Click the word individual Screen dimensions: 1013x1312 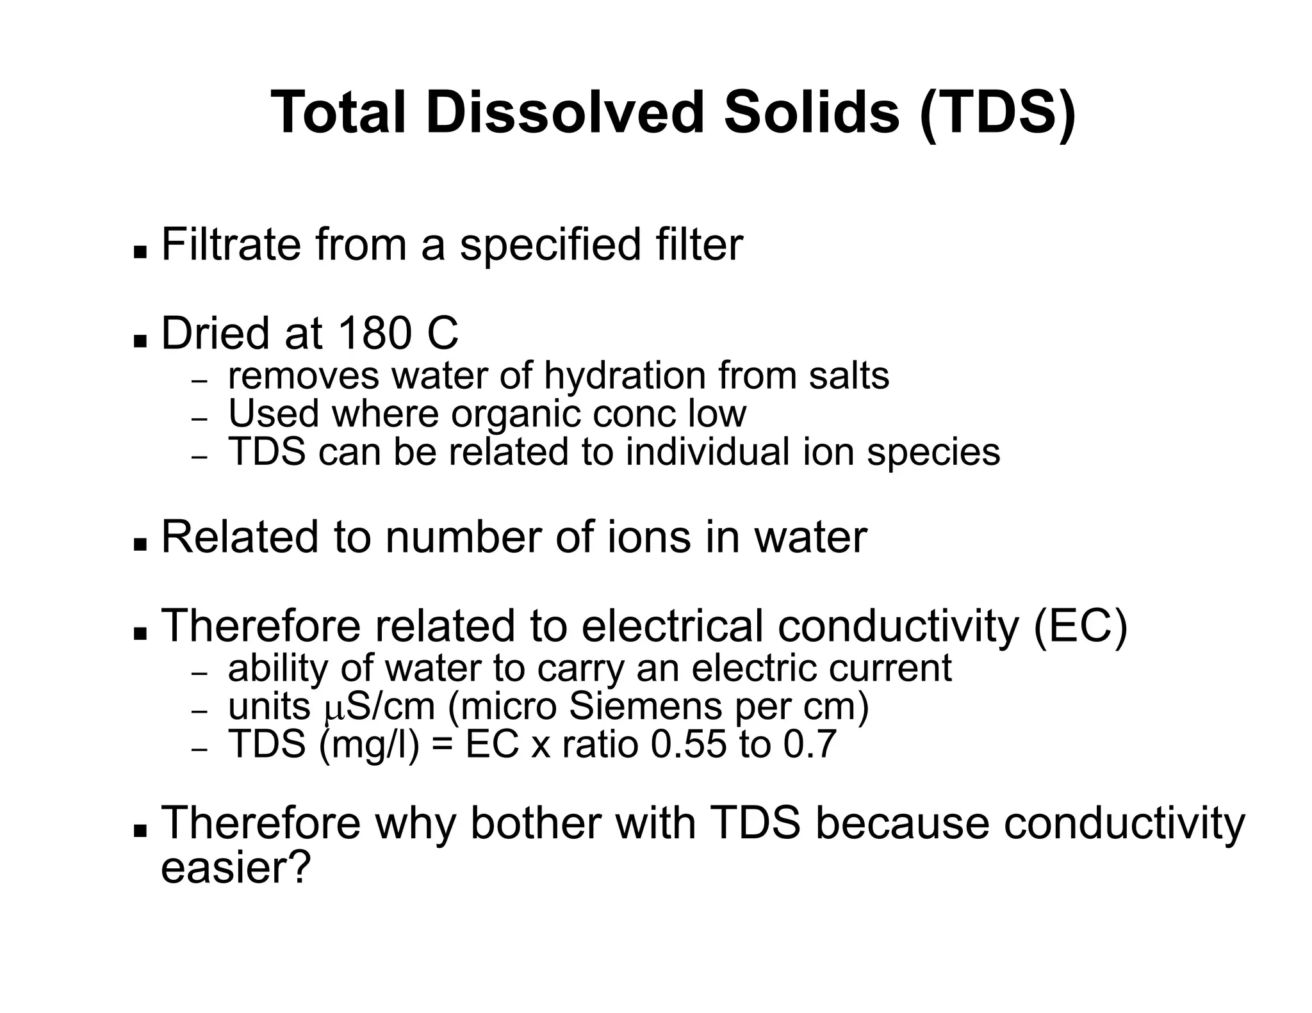708,451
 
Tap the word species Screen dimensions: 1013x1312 933,453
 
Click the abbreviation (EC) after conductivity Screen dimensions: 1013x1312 1081,626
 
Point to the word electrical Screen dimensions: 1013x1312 672,626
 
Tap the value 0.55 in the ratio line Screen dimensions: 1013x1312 689,744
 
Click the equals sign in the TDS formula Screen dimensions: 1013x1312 442,745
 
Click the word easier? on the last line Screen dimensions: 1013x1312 235,868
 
